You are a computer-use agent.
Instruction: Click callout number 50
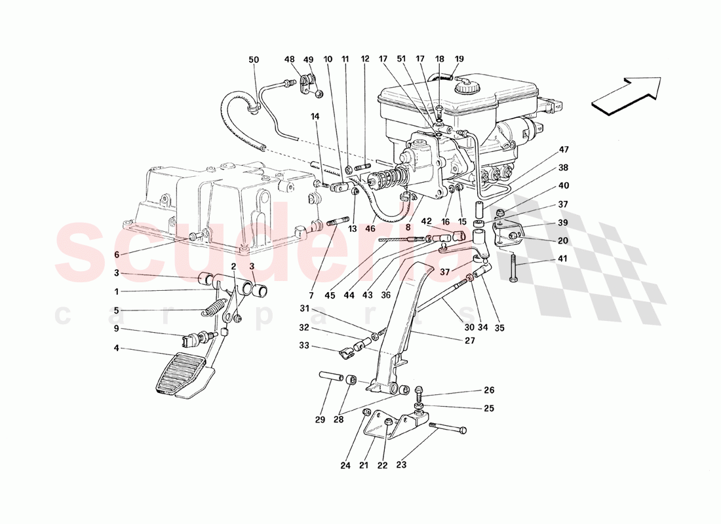point(254,60)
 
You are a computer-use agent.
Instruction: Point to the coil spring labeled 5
point(214,309)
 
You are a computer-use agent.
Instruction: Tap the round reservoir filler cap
point(469,86)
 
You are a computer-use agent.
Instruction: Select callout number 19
point(459,59)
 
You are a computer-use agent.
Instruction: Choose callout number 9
point(117,329)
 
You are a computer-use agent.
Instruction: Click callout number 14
point(315,116)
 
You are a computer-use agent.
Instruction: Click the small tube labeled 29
point(328,378)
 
